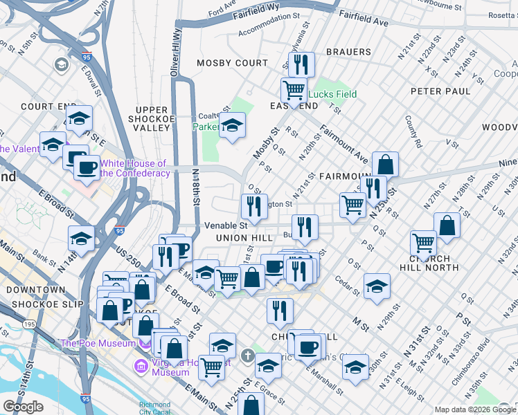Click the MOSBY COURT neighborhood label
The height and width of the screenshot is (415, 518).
click(x=232, y=63)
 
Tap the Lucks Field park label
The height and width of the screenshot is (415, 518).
click(x=332, y=94)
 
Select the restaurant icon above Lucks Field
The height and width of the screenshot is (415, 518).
click(x=301, y=65)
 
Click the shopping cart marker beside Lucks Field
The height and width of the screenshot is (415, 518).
click(x=294, y=90)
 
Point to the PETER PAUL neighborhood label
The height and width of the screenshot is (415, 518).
click(x=440, y=91)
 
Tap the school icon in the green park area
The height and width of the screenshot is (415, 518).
click(x=232, y=126)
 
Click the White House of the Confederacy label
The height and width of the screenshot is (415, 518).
click(x=134, y=168)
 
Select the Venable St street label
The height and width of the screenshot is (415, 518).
click(x=226, y=225)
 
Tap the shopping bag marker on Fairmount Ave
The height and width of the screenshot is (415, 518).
click(x=385, y=165)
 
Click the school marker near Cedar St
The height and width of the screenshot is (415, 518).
click(x=376, y=286)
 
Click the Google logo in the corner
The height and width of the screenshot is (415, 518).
click(x=23, y=407)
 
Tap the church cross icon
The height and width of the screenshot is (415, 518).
click(x=249, y=356)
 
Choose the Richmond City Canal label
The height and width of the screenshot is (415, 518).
click(x=154, y=407)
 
